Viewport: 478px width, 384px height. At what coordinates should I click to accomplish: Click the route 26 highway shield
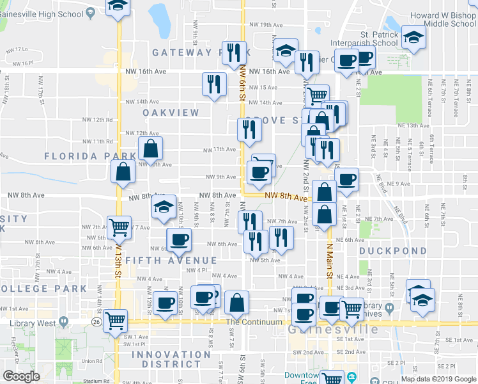point(95,320)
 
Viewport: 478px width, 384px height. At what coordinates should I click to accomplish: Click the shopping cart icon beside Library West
point(115,320)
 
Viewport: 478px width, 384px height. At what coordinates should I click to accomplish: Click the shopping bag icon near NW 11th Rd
point(150,148)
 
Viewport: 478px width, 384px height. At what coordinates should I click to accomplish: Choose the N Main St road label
point(330,262)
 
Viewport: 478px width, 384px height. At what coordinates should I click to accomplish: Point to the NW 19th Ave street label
point(266,25)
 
